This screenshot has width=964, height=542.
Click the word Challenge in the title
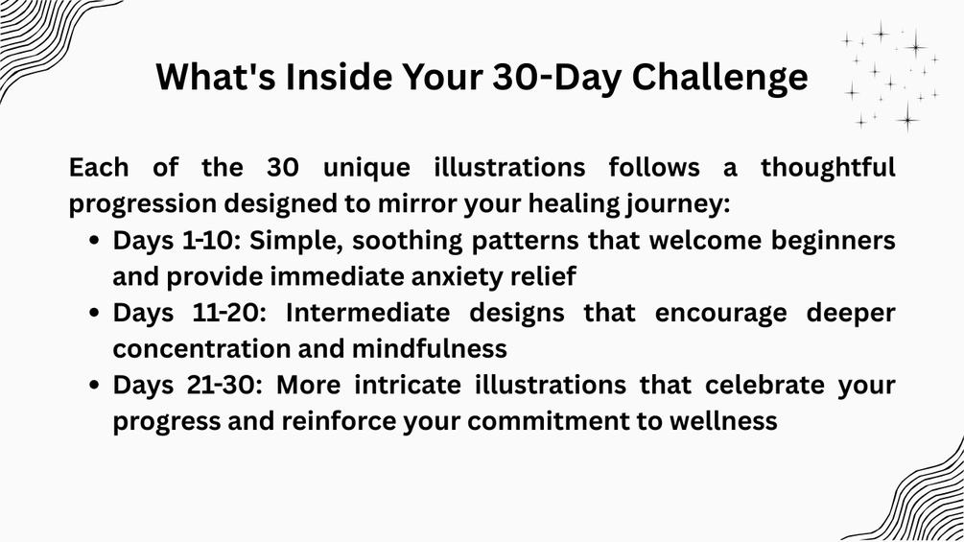coord(719,78)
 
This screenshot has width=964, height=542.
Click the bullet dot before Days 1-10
coord(94,240)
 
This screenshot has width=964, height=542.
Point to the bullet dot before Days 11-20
coord(94,313)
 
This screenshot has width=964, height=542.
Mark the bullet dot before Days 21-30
coord(94,386)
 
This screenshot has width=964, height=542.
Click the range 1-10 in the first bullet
coord(209,240)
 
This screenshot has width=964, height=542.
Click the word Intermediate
coord(367,312)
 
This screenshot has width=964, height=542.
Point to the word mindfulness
coord(429,348)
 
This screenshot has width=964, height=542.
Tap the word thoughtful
coord(828,168)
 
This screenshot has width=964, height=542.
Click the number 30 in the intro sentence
coord(283,168)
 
